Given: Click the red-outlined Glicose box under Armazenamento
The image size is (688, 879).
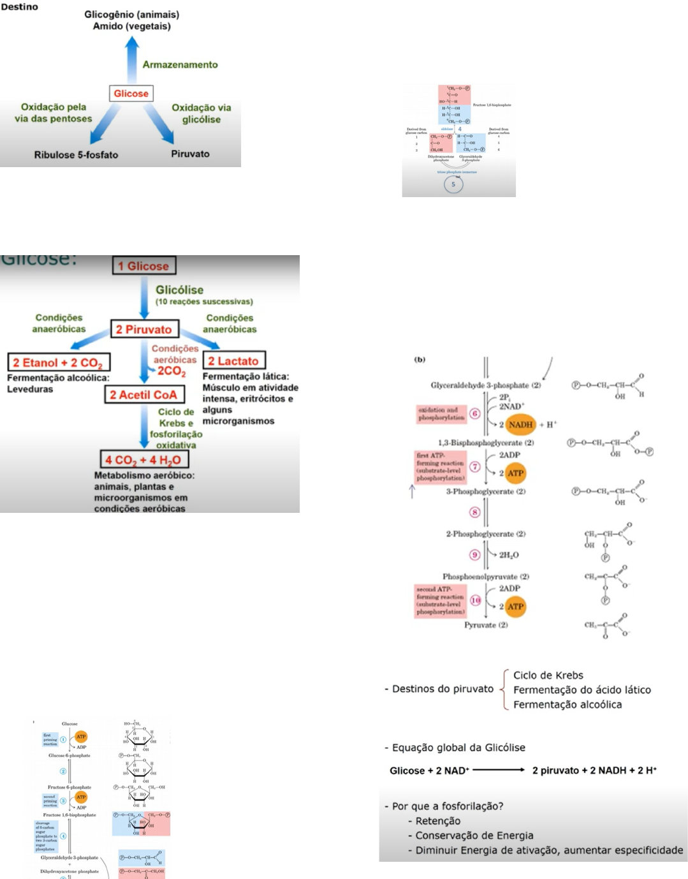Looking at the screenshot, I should pyautogui.click(x=131, y=94).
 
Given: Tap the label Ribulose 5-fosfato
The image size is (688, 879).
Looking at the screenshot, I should pyautogui.click(x=76, y=155).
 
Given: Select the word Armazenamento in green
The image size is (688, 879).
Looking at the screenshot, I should pyautogui.click(x=180, y=64).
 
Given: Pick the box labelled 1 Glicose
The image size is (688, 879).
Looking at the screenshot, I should pyautogui.click(x=144, y=266).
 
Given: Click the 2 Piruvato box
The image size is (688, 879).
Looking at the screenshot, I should pyautogui.click(x=144, y=329).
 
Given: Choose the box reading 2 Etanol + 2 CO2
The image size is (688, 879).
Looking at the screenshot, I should pyautogui.click(x=59, y=362).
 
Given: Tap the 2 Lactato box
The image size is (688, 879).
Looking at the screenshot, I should pyautogui.click(x=233, y=361).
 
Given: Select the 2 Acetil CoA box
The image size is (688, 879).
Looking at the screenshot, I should pyautogui.click(x=144, y=395).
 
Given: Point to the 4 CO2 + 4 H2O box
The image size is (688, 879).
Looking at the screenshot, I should pyautogui.click(x=143, y=459).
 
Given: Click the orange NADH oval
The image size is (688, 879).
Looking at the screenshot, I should pyautogui.click(x=520, y=424).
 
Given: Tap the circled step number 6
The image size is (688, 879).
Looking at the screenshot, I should pyautogui.click(x=474, y=413).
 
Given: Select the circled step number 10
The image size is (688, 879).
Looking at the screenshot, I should pyautogui.click(x=476, y=600).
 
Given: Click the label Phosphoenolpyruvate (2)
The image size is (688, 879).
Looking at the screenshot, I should pyautogui.click(x=486, y=577).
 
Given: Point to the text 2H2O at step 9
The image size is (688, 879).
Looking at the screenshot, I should pyautogui.click(x=508, y=555).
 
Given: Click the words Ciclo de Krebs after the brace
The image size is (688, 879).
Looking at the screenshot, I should pyautogui.click(x=548, y=675).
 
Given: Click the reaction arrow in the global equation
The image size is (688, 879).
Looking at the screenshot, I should pyautogui.click(x=499, y=770).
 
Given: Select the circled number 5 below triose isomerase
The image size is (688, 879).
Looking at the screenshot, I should pyautogui.click(x=453, y=184).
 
